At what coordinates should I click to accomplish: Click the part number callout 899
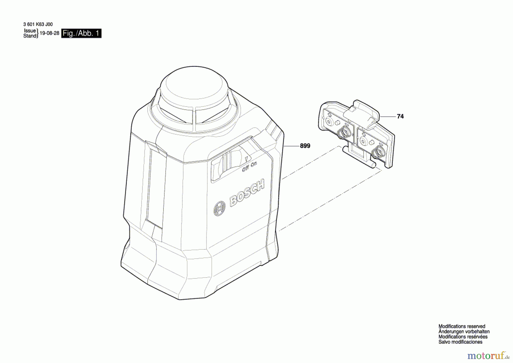pyautogui.click(x=305, y=146)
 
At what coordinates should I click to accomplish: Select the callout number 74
pyautogui.click(x=400, y=117)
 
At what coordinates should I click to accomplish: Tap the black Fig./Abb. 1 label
pyautogui.click(x=81, y=33)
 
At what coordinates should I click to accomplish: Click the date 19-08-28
pyautogui.click(x=49, y=33)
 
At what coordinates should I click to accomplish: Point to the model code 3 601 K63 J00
pyautogui.click(x=38, y=25)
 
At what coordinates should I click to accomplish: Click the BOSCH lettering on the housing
pyautogui.click(x=247, y=193)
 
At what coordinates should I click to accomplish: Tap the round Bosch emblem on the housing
pyautogui.click(x=219, y=209)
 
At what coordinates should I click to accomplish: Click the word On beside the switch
pyautogui.click(x=253, y=165)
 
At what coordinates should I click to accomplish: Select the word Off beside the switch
pyautogui.click(x=245, y=169)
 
